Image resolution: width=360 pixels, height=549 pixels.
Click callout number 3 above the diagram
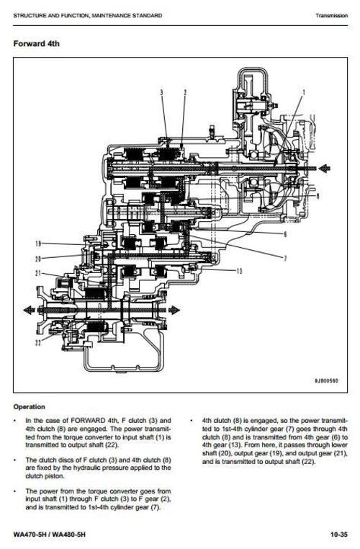pyautogui.click(x=161, y=92)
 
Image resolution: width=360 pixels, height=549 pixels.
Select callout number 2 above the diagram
pyautogui.click(x=184, y=92)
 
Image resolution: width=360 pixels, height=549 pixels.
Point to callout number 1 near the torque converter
pyautogui.click(x=304, y=92)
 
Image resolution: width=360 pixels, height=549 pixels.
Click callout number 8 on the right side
pyautogui.click(x=319, y=195)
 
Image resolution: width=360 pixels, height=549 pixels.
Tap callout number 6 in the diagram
pyautogui.click(x=285, y=234)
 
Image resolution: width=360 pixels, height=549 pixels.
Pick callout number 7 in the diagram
pyautogui.click(x=285, y=257)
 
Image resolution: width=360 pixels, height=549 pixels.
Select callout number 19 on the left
pyautogui.click(x=38, y=244)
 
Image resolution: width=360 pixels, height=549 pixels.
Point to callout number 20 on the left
pyautogui.click(x=38, y=258)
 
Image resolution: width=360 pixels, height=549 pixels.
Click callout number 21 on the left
pyautogui.click(x=38, y=273)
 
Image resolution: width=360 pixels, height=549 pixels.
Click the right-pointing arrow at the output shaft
pyautogui.click(x=174, y=309)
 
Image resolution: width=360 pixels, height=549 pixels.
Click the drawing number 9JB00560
pyautogui.click(x=326, y=380)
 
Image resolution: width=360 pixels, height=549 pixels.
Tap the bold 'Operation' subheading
pyautogui.click(x=29, y=406)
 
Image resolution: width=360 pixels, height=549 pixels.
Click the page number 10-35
pyautogui.click(x=339, y=535)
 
